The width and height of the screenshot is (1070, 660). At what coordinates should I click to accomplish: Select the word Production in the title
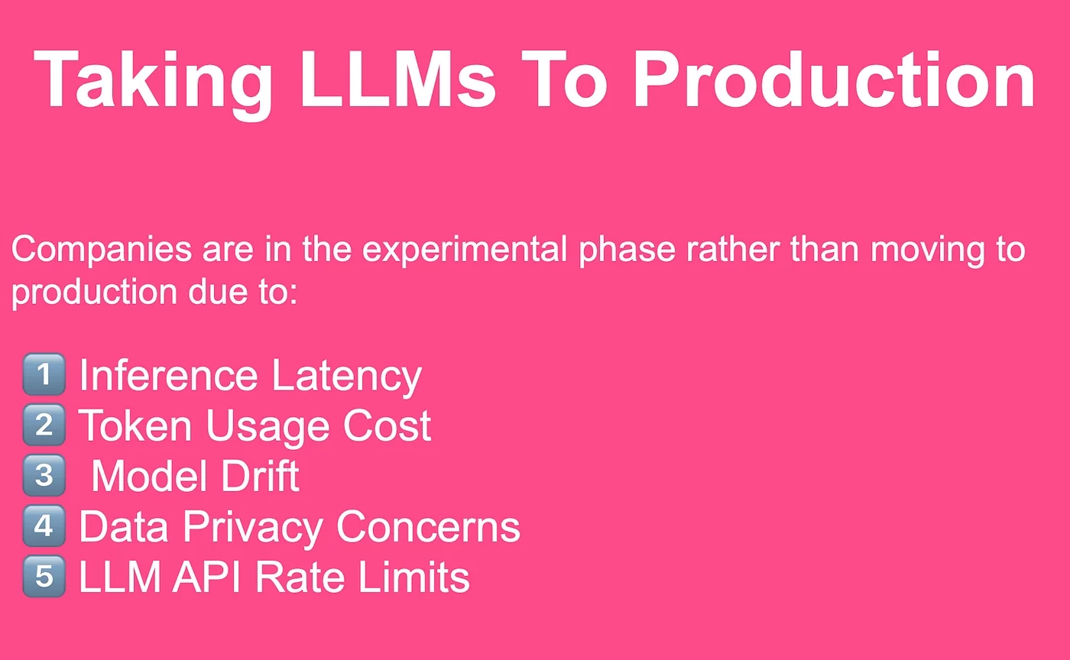[833, 80]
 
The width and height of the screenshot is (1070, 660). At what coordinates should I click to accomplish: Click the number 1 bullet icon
[44, 374]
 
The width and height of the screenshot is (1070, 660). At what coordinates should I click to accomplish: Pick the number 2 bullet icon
[44, 425]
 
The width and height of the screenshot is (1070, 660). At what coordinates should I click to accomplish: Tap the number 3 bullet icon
[44, 475]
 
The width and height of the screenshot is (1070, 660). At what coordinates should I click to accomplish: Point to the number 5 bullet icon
[44, 576]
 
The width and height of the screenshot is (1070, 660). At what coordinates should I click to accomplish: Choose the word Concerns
[428, 526]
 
